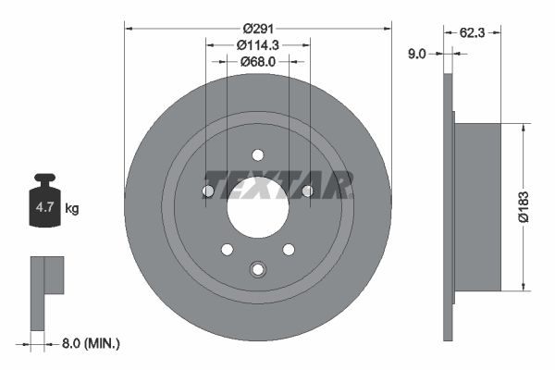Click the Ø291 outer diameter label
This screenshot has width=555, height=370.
[x=257, y=27]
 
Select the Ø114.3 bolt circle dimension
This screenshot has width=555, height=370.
[x=257, y=43]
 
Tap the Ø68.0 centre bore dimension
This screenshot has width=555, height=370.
[x=257, y=62]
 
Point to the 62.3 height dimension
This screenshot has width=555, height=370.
[x=473, y=31]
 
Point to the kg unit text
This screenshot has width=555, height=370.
[x=72, y=208]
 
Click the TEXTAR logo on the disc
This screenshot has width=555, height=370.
[x=277, y=185]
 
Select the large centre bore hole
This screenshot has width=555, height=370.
[x=257, y=207]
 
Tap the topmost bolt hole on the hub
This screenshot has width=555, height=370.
[x=257, y=154]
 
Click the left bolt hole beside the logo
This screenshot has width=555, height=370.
[x=207, y=191]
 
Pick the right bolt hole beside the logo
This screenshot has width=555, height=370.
[x=307, y=191]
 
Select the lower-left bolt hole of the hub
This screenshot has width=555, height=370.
[x=227, y=250]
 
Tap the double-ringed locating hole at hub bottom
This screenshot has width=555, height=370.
[x=257, y=269]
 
